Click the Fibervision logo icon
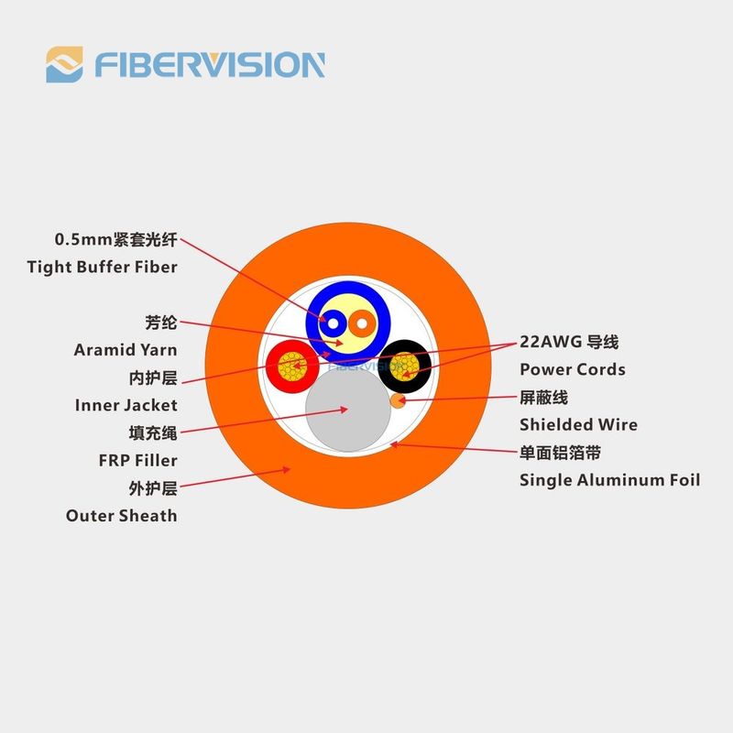[x=64, y=64]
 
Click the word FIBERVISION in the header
[x=210, y=65]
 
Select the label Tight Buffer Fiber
[x=102, y=267]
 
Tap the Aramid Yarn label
[x=126, y=350]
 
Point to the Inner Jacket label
[x=126, y=405]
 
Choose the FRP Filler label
[x=138, y=461]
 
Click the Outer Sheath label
[x=122, y=516]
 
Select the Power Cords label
[x=573, y=369]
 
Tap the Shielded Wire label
[x=579, y=424]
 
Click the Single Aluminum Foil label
[x=610, y=480]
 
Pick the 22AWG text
[x=551, y=342]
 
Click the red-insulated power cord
[x=292, y=366]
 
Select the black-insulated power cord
[x=404, y=366]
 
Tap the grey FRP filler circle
[x=348, y=410]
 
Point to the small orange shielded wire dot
[x=398, y=400]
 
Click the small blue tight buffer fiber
[x=333, y=323]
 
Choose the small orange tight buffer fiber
[x=362, y=323]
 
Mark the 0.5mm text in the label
[x=83, y=239]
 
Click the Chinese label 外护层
[x=153, y=488]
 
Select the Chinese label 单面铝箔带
[x=561, y=453]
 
